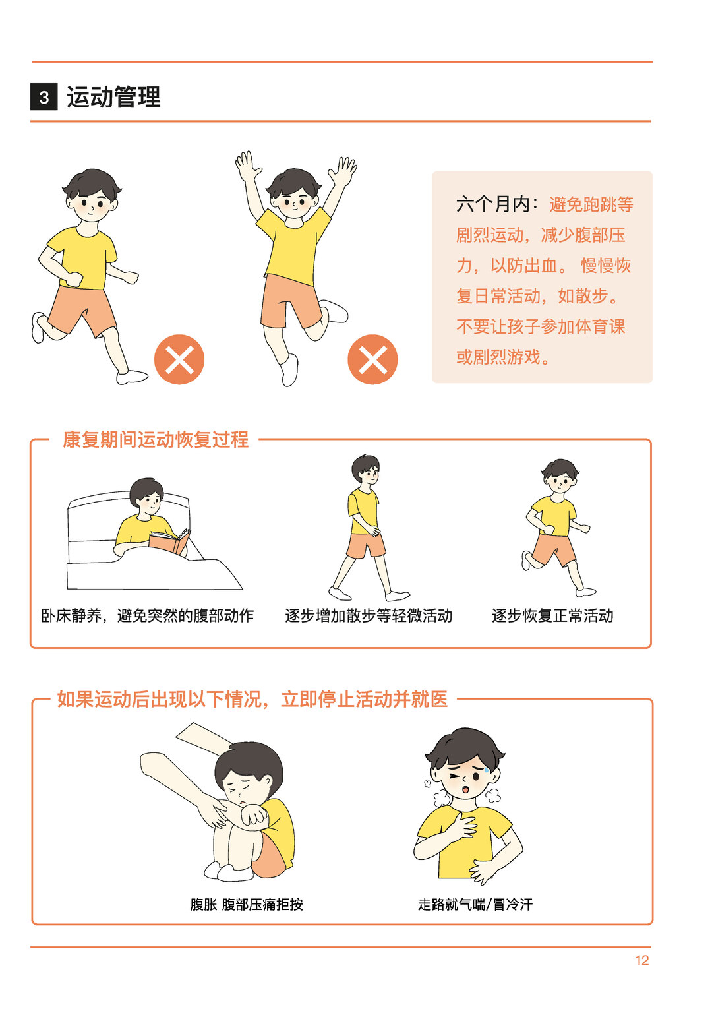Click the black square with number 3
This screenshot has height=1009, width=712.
(x=44, y=97)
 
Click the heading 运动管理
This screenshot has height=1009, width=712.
(x=113, y=97)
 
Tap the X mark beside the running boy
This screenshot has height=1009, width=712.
(x=179, y=359)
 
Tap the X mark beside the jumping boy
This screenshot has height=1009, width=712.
(x=372, y=359)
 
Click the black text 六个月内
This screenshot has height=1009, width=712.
(x=492, y=204)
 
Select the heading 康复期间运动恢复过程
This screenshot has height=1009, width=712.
(x=156, y=440)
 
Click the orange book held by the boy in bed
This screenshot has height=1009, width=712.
(x=168, y=542)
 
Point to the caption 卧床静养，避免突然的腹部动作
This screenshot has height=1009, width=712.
(x=147, y=615)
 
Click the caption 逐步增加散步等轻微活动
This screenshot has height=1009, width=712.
(x=369, y=615)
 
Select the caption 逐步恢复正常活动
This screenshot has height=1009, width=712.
(x=552, y=615)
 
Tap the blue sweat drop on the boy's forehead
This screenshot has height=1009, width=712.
(x=487, y=771)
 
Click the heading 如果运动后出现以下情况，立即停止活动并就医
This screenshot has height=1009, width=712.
(x=252, y=700)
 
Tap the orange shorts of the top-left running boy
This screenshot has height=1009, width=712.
(x=81, y=310)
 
